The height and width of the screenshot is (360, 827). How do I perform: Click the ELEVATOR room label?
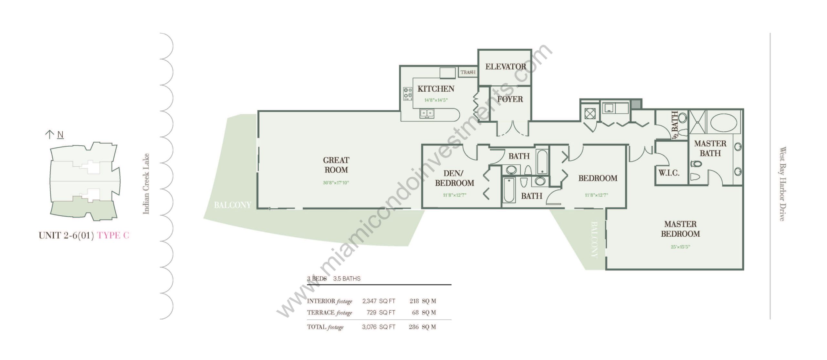pos(506,67)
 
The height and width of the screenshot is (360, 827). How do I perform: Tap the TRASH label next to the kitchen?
pos(468,72)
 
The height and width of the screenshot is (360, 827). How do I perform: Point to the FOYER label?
pos(510,99)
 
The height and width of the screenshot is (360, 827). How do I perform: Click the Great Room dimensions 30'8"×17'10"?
pos(336,183)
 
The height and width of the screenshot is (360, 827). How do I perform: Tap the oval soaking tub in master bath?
pos(724,122)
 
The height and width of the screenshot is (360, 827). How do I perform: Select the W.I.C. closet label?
pos(669,173)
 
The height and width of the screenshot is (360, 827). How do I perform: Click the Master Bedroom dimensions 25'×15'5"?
pos(680,247)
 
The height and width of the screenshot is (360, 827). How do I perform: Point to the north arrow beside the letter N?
pos(49,135)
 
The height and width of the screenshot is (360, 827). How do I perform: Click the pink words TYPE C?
pos(113,235)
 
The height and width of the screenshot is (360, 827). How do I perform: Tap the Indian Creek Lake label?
pos(146,183)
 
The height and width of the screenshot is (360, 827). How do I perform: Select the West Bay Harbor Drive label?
pos(782,184)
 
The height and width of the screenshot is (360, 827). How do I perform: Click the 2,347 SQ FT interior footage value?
pos(379,301)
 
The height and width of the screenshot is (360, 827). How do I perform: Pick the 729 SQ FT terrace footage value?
pos(381,313)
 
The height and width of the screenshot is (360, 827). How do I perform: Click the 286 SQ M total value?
pos(422,327)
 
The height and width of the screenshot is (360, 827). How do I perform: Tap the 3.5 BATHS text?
pos(347,279)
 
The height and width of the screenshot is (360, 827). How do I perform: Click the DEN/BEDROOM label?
pos(455,178)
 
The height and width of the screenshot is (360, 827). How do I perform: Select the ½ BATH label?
pos(675,126)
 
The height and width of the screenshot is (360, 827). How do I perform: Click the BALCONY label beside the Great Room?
pos(233,205)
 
